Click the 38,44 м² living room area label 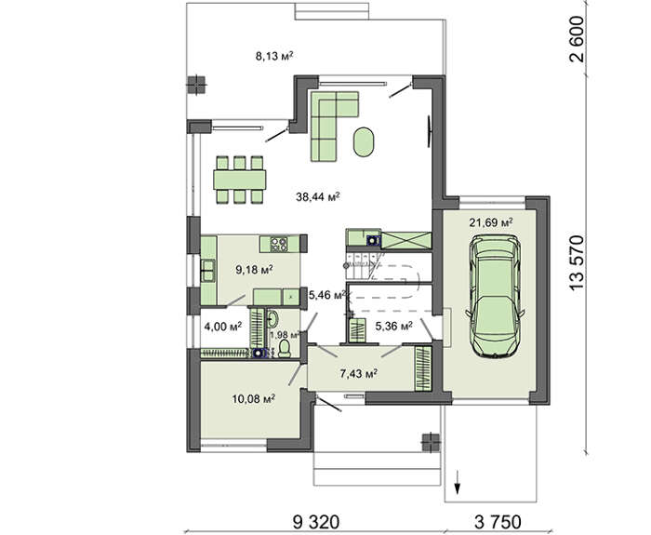click(318, 196)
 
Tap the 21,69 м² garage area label click(491, 222)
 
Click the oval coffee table click(364, 141)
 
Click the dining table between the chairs click(240, 180)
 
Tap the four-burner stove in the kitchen click(279, 244)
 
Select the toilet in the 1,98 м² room click(285, 349)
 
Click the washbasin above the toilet click(272, 319)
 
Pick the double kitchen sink click(207, 270)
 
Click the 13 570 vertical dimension click(577, 263)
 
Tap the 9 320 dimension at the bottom click(316, 521)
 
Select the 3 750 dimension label click(498, 521)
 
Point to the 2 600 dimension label click(577, 39)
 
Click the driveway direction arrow click(458, 482)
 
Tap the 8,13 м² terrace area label click(274, 55)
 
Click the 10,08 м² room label click(254, 399)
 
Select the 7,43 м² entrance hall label click(359, 374)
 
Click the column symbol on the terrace click(196, 85)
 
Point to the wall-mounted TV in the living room click(429, 131)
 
